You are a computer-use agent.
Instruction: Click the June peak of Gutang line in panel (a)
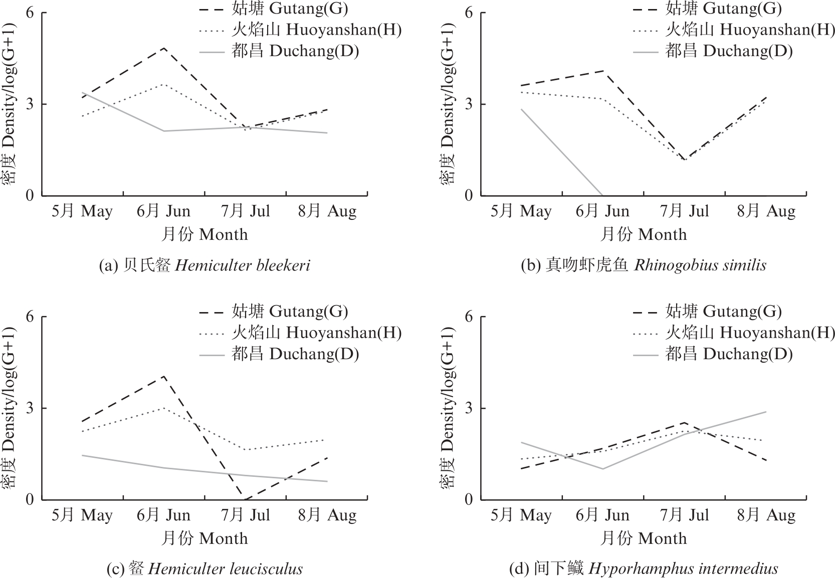(164, 48)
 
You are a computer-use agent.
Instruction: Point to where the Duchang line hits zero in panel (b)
(602, 195)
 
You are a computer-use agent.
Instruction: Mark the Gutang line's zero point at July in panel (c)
(246, 499)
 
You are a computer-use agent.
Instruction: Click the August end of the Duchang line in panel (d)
(766, 412)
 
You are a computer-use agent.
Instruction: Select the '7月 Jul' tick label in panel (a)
(246, 211)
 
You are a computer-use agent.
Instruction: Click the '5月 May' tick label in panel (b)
(521, 211)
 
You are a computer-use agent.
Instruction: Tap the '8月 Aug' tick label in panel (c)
(327, 515)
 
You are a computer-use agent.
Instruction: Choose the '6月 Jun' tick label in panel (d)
(602, 515)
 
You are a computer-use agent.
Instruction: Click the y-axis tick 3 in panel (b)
(469, 104)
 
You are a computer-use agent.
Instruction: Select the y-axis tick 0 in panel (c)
(30, 499)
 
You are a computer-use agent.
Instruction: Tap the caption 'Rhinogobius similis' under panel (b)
(700, 265)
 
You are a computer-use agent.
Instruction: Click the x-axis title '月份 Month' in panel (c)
(204, 539)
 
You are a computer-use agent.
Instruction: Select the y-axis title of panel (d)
(448, 408)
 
